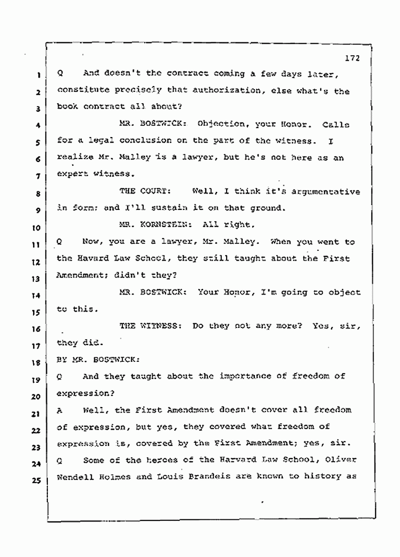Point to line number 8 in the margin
(x=41, y=193)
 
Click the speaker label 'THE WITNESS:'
(x=151, y=326)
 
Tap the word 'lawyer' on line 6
(x=204, y=158)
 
